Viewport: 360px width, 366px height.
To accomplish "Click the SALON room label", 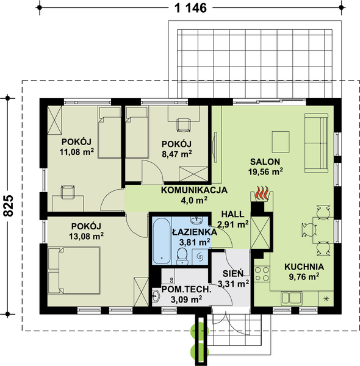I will coord(265,162).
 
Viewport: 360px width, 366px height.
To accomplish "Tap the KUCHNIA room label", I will coord(303,267).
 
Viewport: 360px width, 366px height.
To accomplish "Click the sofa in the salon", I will coord(317,142).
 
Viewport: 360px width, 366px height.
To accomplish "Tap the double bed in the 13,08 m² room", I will coord(73,268).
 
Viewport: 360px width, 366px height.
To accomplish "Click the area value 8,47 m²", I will coord(176,154).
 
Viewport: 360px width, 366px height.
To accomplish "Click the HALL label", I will coord(234,214).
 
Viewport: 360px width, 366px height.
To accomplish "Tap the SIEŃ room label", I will coord(233,273).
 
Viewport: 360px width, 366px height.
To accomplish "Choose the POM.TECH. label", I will coord(186,289).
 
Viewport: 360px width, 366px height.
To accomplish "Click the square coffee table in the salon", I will coord(281,141).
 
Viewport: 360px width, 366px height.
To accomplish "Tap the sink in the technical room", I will coord(156,296).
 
